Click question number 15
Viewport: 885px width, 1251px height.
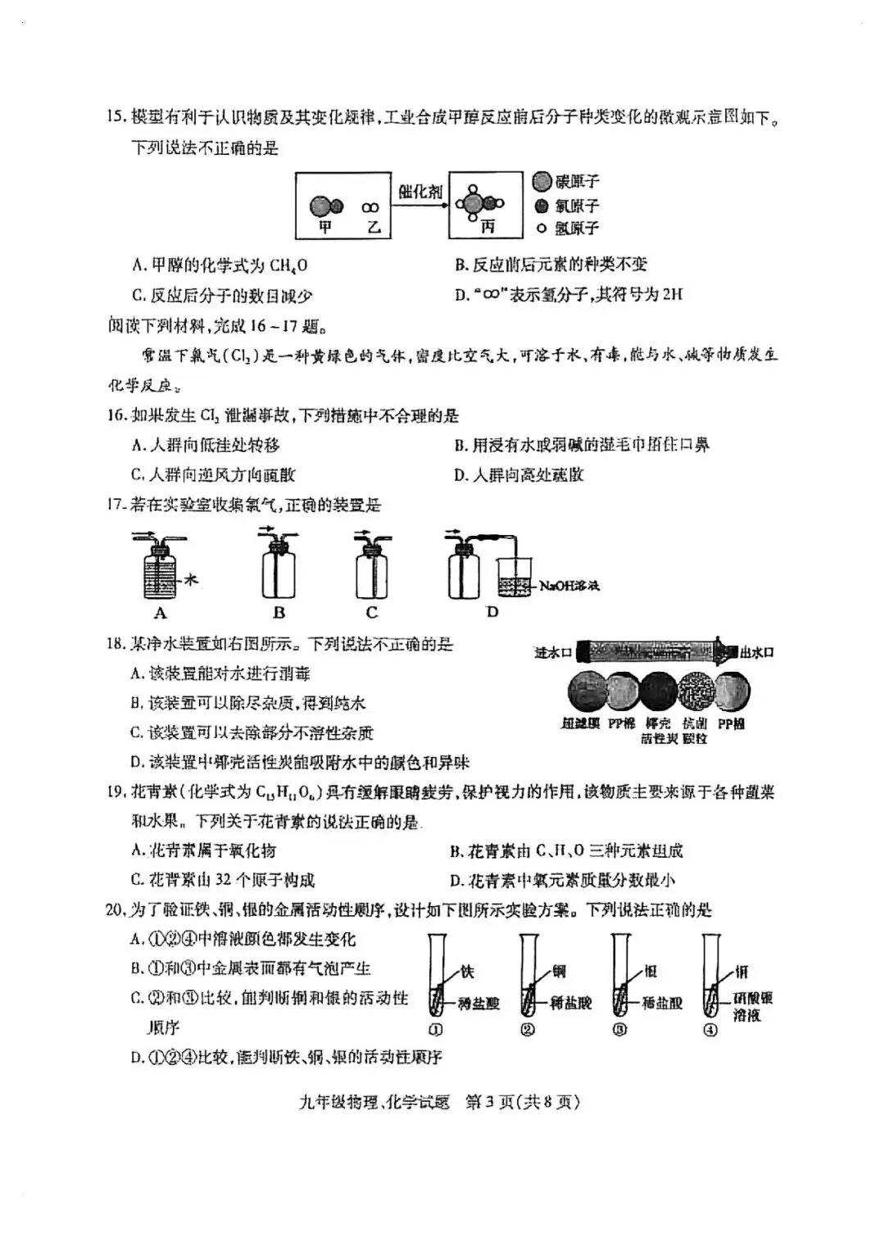pos(116,118)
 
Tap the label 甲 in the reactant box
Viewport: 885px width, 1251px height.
pos(324,227)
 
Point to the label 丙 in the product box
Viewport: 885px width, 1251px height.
pos(488,227)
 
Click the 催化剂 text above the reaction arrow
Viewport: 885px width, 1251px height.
pos(420,191)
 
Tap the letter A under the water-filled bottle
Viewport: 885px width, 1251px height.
pos(161,613)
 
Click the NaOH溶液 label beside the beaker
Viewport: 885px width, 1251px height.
pos(570,586)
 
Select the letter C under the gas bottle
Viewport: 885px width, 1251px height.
pos(372,613)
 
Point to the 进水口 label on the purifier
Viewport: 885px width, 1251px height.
pos(553,653)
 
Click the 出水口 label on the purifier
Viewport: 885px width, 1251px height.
pos(756,653)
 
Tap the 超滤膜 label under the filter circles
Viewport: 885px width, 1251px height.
pos(581,724)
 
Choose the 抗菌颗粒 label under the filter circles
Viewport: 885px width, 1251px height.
pos(695,731)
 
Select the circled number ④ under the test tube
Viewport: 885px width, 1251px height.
pos(710,1030)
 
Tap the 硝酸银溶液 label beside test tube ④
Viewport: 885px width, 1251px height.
pos(753,1006)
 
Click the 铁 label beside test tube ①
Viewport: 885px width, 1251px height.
pos(467,972)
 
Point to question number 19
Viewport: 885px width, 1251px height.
pos(116,792)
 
